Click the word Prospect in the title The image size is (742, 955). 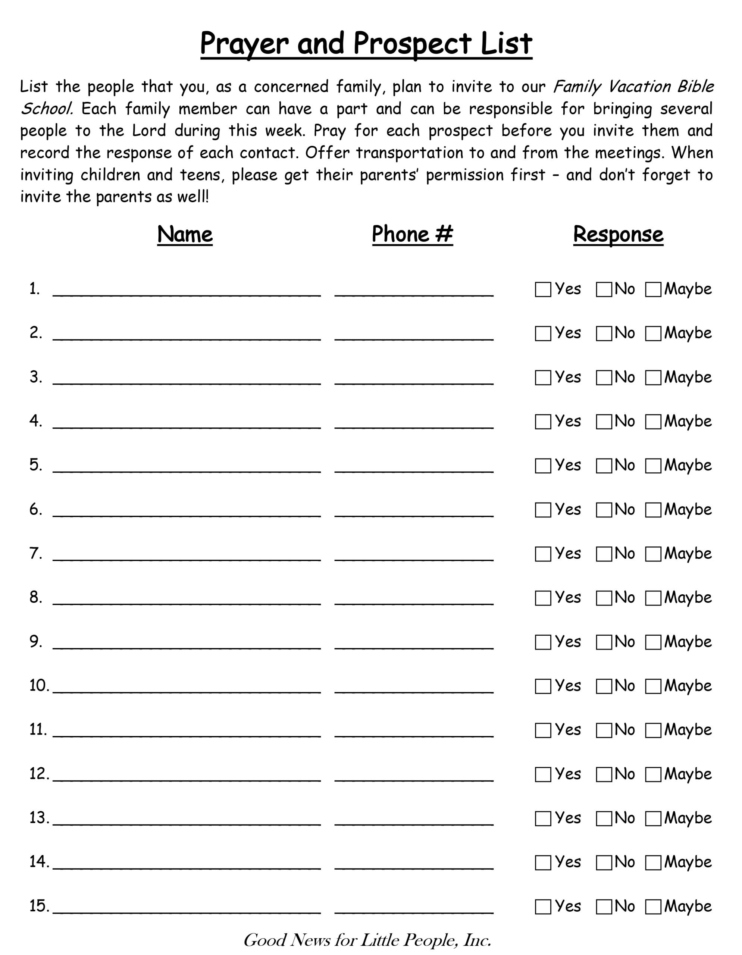point(412,44)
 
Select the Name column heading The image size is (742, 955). point(185,234)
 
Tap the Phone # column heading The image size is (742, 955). point(412,234)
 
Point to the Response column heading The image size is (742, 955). point(618,234)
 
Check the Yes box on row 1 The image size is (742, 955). point(543,289)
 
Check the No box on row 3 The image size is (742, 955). point(604,378)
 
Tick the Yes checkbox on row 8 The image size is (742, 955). point(543,598)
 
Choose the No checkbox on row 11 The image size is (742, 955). point(604,731)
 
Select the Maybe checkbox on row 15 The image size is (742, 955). point(653,907)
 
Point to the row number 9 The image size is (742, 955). point(36,642)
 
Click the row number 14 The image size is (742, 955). point(39,862)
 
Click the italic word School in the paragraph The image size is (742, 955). point(46,109)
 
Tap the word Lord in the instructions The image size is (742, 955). point(149,131)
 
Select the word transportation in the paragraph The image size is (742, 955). point(409,153)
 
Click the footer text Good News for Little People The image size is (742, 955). point(367,940)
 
